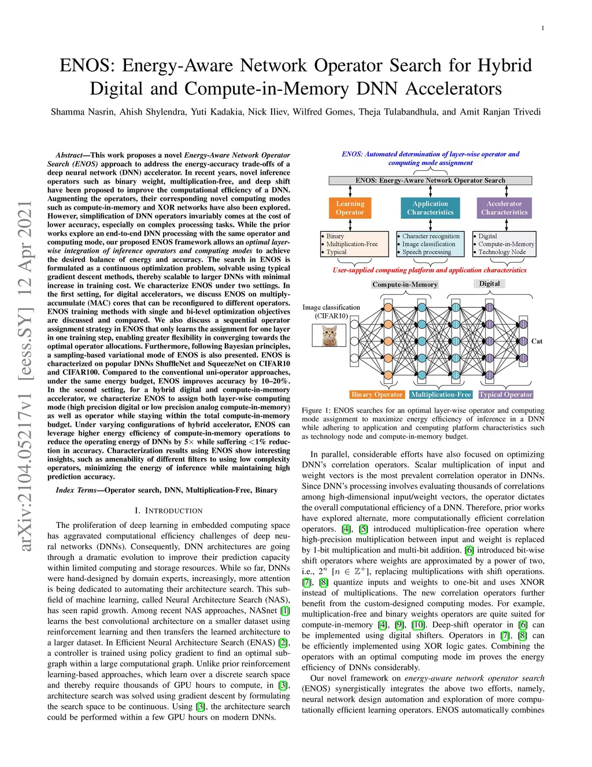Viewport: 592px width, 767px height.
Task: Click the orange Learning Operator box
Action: tap(350, 208)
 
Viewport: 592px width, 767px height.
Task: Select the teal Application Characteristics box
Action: tap(430, 208)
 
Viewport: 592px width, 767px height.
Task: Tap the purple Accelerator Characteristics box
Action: tap(504, 208)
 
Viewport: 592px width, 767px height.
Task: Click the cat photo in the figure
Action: tap(329, 335)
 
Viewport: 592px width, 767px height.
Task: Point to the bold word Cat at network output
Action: tap(536, 342)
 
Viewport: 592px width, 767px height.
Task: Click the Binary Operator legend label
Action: tap(376, 395)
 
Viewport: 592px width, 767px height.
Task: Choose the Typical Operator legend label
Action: tap(505, 395)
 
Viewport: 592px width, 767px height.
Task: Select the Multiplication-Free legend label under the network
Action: tap(441, 395)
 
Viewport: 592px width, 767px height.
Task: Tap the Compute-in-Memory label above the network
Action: tap(405, 285)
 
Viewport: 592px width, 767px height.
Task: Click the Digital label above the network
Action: tap(489, 284)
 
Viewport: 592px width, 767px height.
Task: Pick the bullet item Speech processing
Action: tap(427, 252)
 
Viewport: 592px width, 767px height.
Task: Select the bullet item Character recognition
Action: tap(431, 236)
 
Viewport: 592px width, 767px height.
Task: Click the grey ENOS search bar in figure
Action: tap(430, 181)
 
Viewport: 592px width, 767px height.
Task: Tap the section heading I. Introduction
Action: tap(168, 511)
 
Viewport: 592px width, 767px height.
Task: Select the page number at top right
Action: tap(542, 28)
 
